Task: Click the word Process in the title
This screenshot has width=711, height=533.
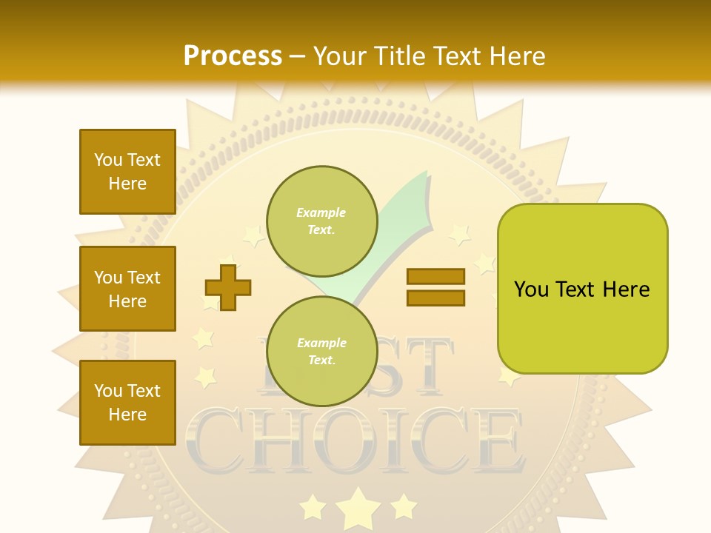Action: point(233,56)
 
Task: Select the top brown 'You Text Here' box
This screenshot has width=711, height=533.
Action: point(127,172)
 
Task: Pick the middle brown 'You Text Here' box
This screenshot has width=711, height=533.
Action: point(127,289)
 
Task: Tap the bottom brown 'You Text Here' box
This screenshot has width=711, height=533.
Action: point(127,403)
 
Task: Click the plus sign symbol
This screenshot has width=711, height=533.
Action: point(228,287)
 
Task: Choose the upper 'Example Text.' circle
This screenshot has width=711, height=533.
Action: point(322,221)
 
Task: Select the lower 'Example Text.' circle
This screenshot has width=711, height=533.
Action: point(322,352)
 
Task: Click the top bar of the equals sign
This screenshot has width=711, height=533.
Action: point(435,276)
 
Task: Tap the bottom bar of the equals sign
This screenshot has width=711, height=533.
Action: point(435,298)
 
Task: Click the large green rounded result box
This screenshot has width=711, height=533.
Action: point(582,289)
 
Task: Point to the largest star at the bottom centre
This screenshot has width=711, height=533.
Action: point(358,506)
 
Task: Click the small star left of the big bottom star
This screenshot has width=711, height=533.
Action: point(313,508)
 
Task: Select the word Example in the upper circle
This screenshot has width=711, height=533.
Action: point(321,212)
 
